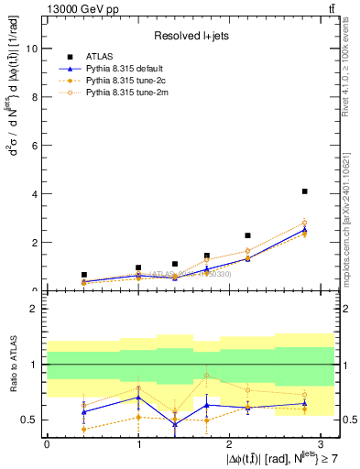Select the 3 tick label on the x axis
click(320, 444)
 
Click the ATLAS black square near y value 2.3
click(247, 235)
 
